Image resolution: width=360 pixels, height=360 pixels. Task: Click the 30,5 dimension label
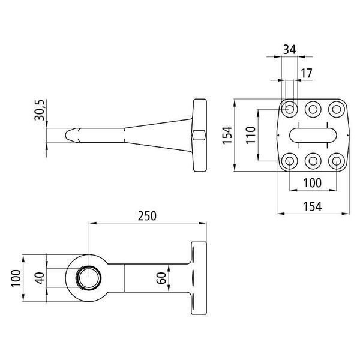pyautogui.click(x=39, y=110)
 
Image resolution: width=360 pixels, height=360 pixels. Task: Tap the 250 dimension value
pyautogui.click(x=147, y=216)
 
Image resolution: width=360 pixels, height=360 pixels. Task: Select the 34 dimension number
pyautogui.click(x=290, y=49)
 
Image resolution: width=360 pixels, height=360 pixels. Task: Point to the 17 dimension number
pyautogui.click(x=307, y=73)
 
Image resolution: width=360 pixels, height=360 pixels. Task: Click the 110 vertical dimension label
pyautogui.click(x=250, y=135)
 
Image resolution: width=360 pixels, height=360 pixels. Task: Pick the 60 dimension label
pyautogui.click(x=161, y=278)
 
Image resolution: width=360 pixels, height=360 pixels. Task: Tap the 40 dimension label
pyautogui.click(x=40, y=278)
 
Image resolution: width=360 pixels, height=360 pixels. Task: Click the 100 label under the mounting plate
pyautogui.click(x=312, y=183)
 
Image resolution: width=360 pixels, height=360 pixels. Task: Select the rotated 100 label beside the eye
pyautogui.click(x=16, y=278)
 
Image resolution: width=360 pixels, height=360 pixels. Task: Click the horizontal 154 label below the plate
pyautogui.click(x=313, y=206)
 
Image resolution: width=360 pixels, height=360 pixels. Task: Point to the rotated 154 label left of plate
pyautogui.click(x=227, y=135)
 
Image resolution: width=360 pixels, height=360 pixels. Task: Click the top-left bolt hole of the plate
pyautogui.click(x=289, y=109)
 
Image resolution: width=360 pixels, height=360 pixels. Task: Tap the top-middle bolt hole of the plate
pyautogui.click(x=313, y=109)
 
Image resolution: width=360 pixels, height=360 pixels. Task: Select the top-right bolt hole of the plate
pyautogui.click(x=337, y=109)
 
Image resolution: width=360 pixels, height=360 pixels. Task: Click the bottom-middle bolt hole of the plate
pyautogui.click(x=313, y=161)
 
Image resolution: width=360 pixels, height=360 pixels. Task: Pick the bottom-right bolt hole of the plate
pyautogui.click(x=337, y=161)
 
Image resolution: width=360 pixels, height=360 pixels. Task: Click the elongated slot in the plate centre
pyautogui.click(x=313, y=135)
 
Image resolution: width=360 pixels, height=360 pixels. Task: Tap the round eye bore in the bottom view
pyautogui.click(x=89, y=278)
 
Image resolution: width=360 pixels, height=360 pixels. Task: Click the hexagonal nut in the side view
pyautogui.click(x=199, y=135)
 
